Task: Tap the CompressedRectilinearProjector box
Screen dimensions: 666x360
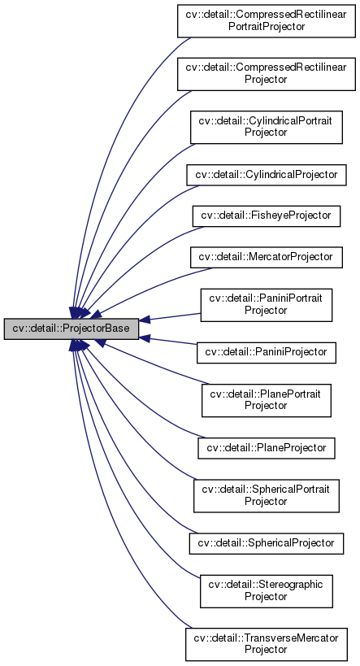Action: coord(267,73)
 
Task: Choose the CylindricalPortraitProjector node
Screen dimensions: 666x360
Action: coord(267,126)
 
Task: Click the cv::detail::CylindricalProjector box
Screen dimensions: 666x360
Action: coord(267,174)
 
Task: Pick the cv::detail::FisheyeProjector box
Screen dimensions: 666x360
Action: coord(267,215)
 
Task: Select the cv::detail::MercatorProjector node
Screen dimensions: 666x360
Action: coord(267,256)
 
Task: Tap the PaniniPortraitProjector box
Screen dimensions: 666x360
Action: coord(267,305)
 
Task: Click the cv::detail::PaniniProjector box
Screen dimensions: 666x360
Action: coord(267,352)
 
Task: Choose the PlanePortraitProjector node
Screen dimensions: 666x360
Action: coord(267,400)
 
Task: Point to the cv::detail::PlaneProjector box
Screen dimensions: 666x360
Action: coord(267,447)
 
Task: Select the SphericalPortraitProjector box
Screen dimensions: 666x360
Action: coord(267,495)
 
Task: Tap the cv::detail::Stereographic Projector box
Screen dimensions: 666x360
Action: coord(267,590)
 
